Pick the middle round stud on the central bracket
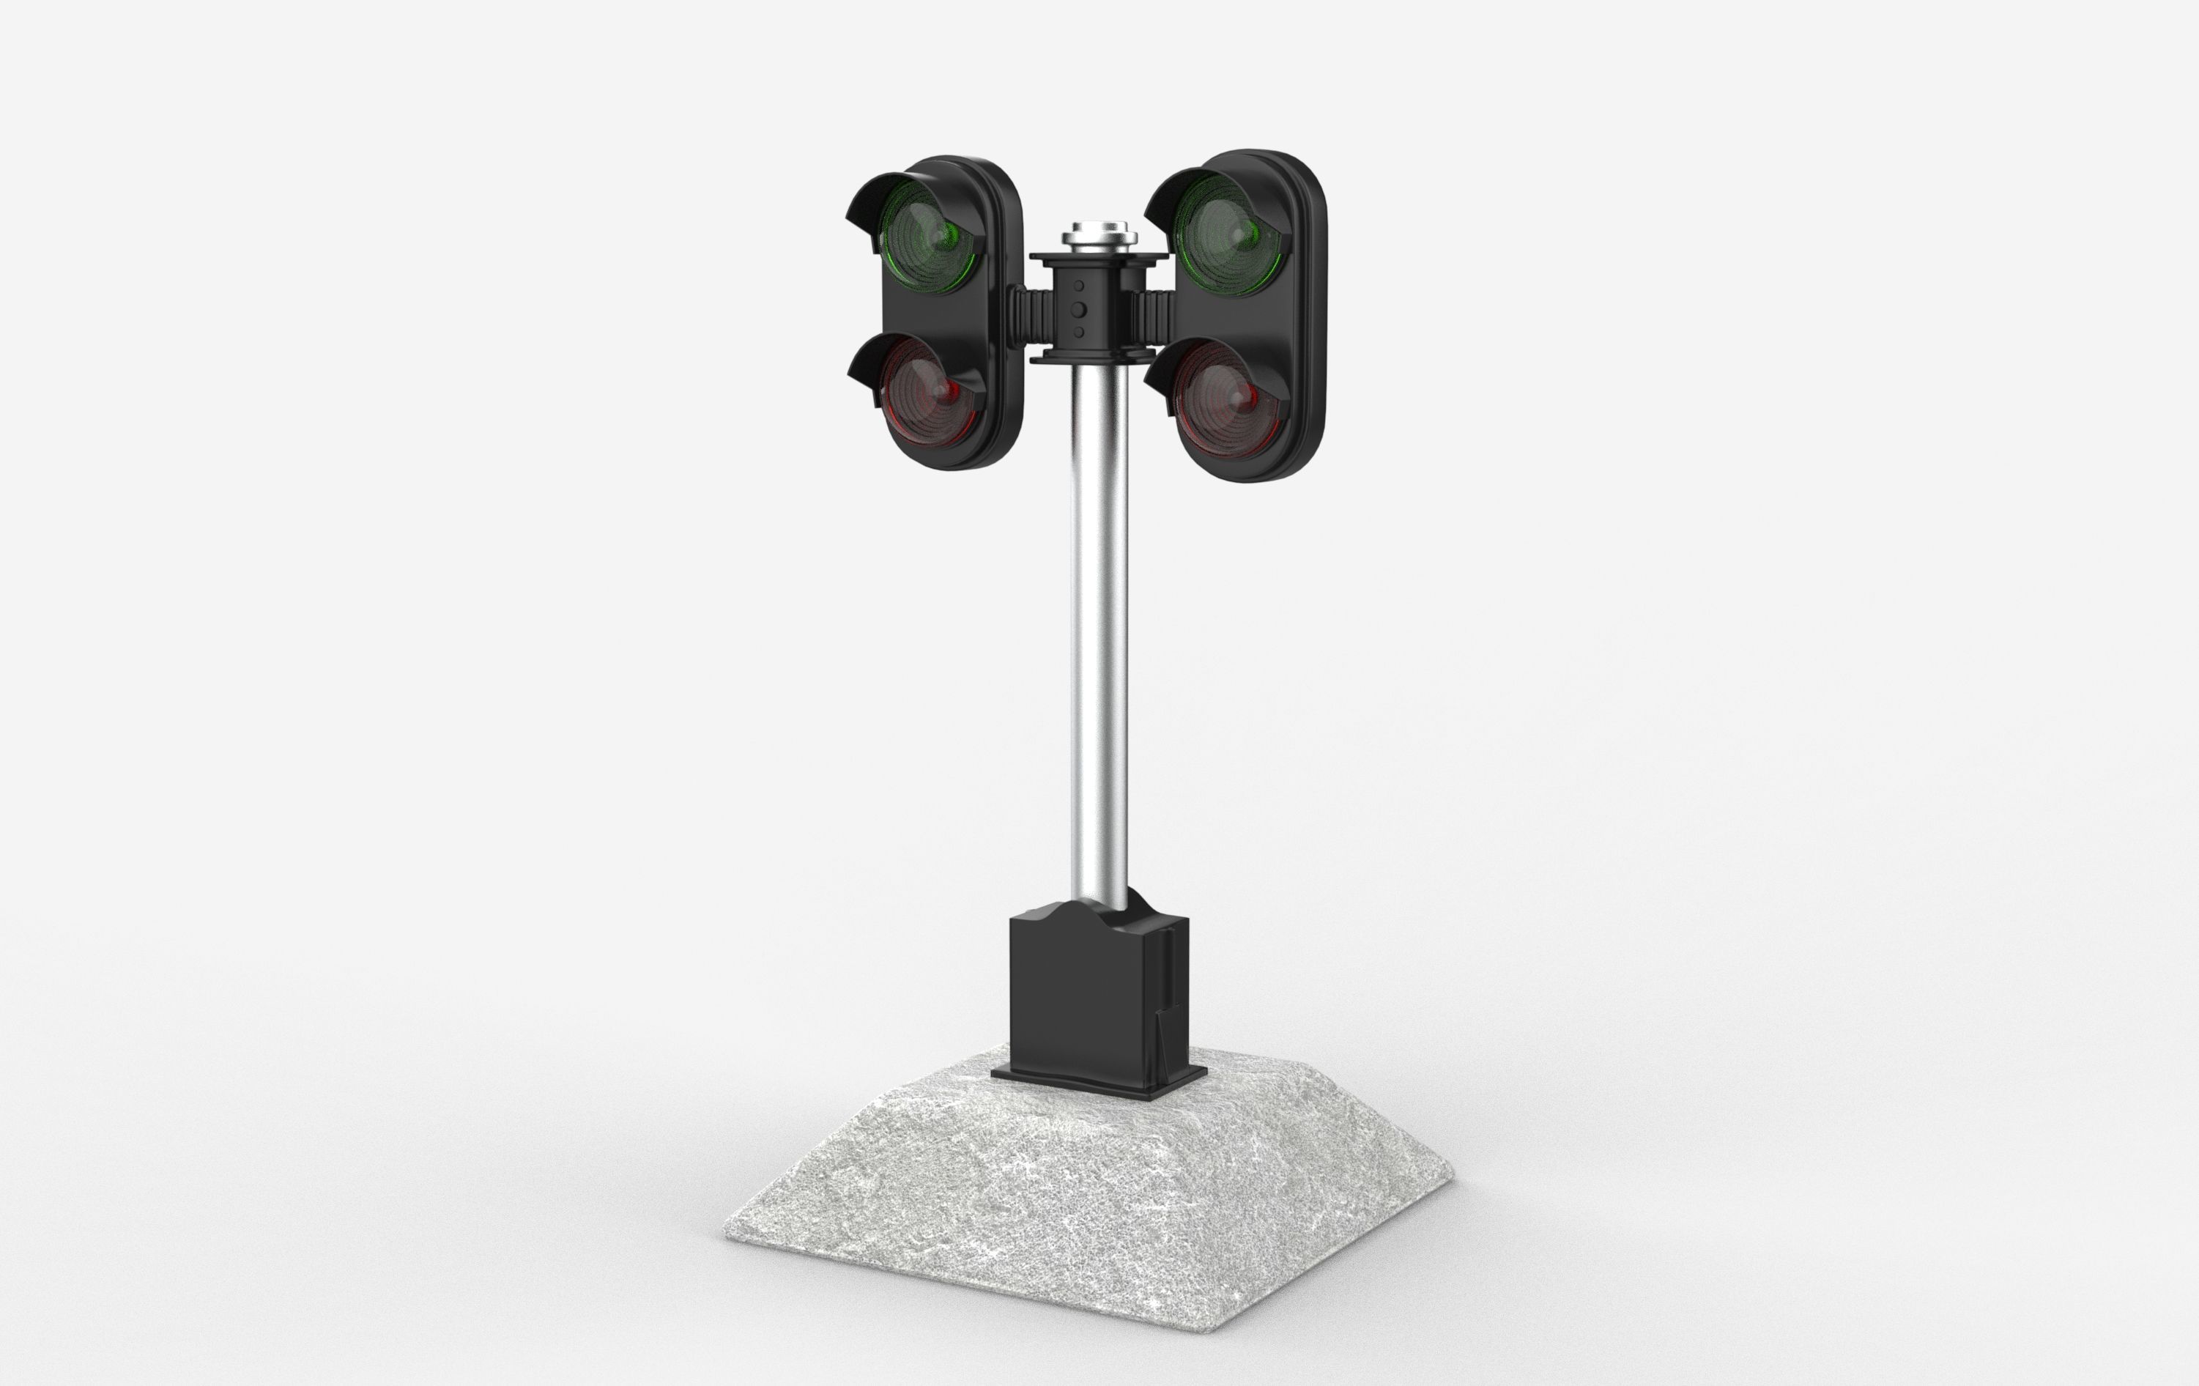pos(1078,308)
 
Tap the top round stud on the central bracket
pos(1078,286)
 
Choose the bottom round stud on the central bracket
pos(1078,331)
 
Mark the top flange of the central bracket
pos(1099,259)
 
